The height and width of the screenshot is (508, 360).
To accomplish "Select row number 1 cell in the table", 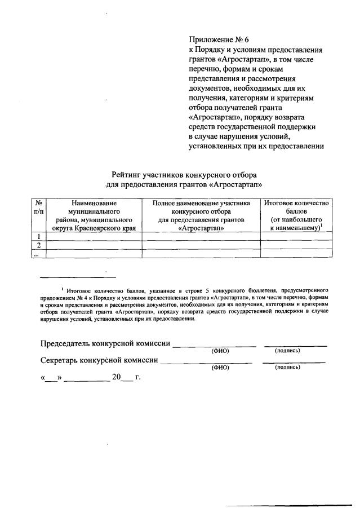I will (x=38, y=236).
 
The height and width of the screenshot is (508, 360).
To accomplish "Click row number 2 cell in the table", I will (x=38, y=245).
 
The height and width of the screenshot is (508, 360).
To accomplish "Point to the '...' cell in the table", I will (x=37, y=254).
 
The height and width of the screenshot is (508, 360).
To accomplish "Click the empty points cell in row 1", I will (x=296, y=236).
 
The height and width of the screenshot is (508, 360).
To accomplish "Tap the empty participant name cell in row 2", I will (x=201, y=245).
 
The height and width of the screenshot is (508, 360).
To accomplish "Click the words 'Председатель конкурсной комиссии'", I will (x=105, y=343).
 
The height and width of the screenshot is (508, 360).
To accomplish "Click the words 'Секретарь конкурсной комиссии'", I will (x=99, y=360).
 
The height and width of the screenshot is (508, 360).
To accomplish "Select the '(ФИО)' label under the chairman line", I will (x=221, y=351).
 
